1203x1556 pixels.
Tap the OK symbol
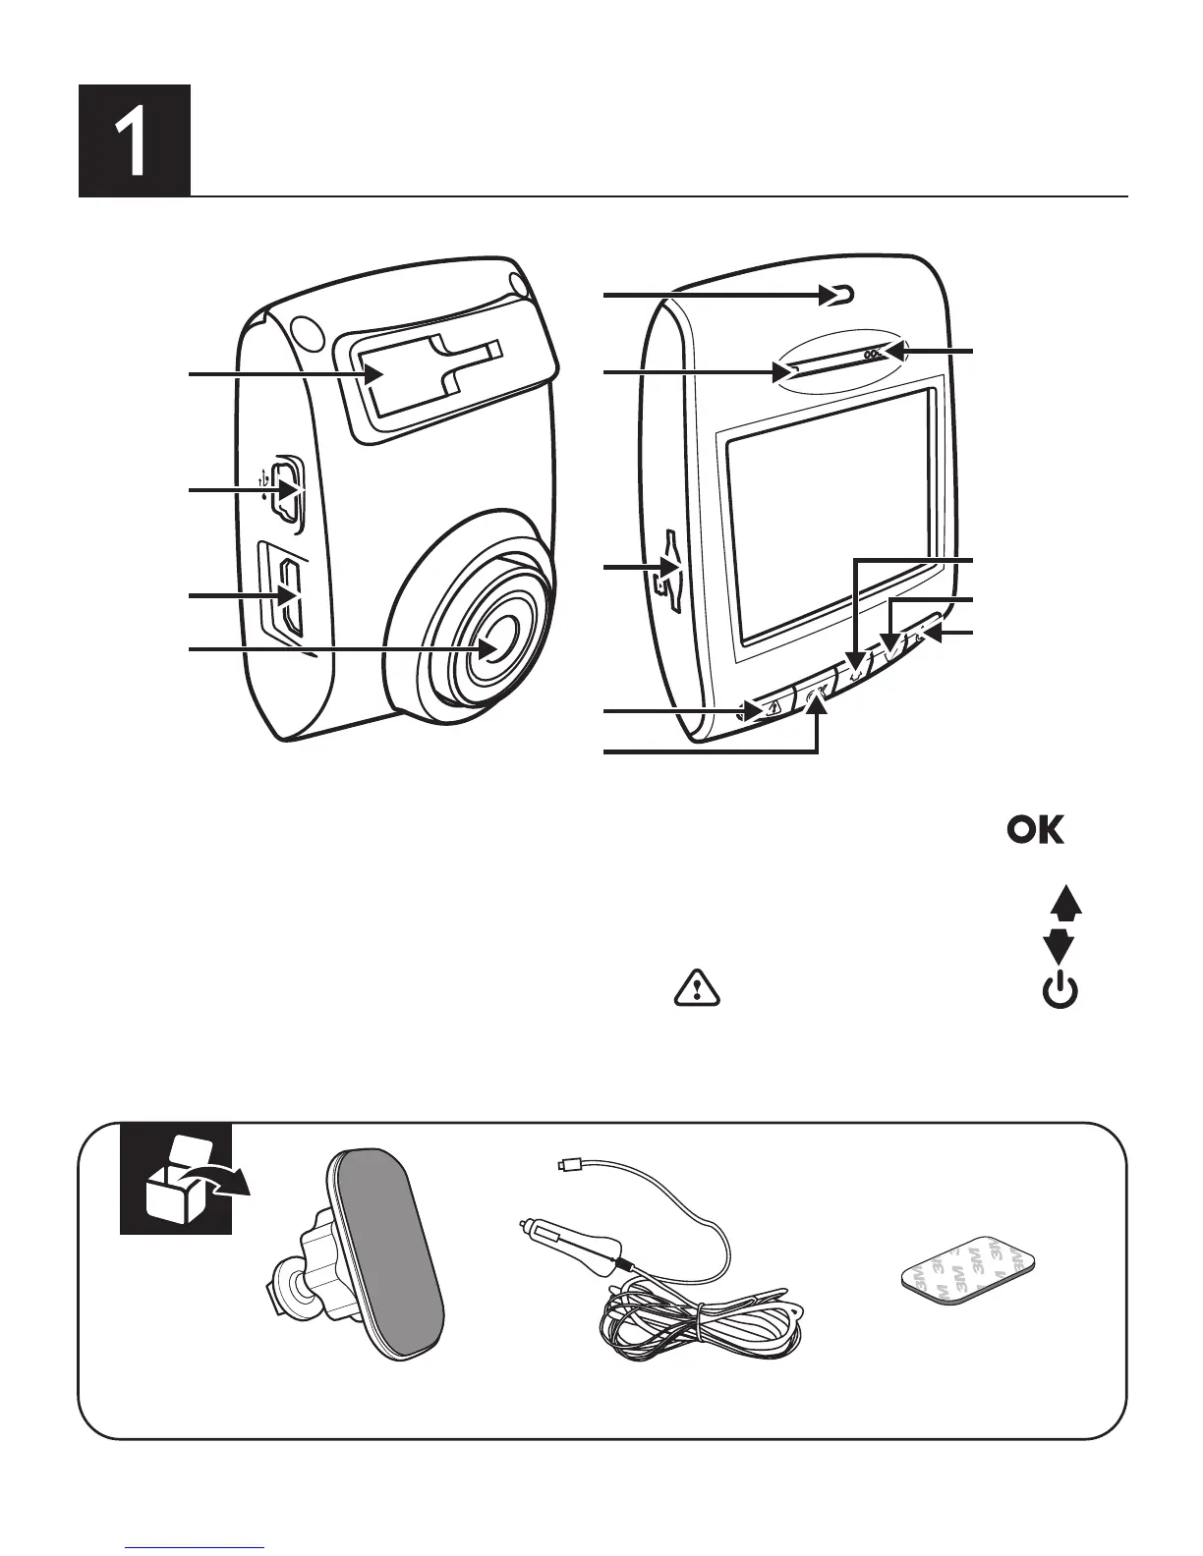(x=1035, y=831)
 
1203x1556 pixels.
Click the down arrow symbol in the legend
(x=1059, y=947)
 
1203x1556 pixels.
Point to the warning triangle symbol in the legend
(x=697, y=989)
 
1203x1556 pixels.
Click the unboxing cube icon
(x=177, y=1179)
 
